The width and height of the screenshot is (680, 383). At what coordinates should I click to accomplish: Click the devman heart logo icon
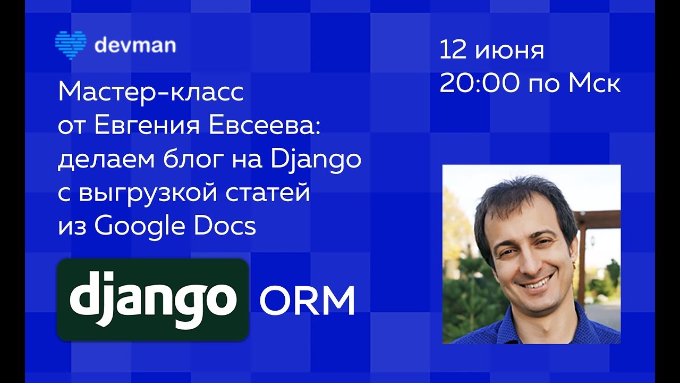coord(71,45)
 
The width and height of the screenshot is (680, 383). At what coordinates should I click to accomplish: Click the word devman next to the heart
coord(135,45)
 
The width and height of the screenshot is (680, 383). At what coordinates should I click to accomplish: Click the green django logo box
coord(153,299)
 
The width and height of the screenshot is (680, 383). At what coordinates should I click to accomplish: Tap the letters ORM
coord(307,301)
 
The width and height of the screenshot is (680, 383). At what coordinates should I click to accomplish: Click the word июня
coord(509,51)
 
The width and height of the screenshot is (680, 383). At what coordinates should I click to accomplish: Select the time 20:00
coord(480,84)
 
